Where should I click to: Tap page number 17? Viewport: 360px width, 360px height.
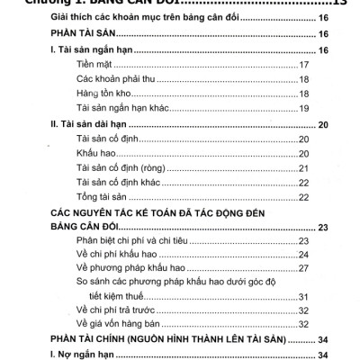coord(304,66)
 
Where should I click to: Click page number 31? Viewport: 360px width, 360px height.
coord(304,296)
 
